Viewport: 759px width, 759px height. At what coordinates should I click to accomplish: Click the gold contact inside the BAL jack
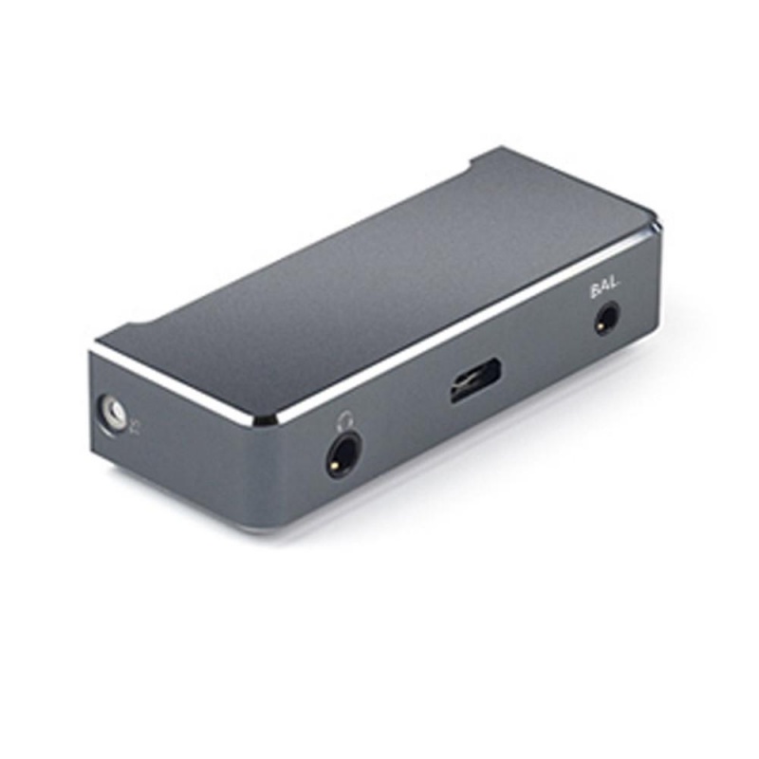(601, 327)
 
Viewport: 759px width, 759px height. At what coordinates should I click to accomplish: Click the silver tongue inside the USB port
(470, 385)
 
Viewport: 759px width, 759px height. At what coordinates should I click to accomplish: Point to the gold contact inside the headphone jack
(334, 466)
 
